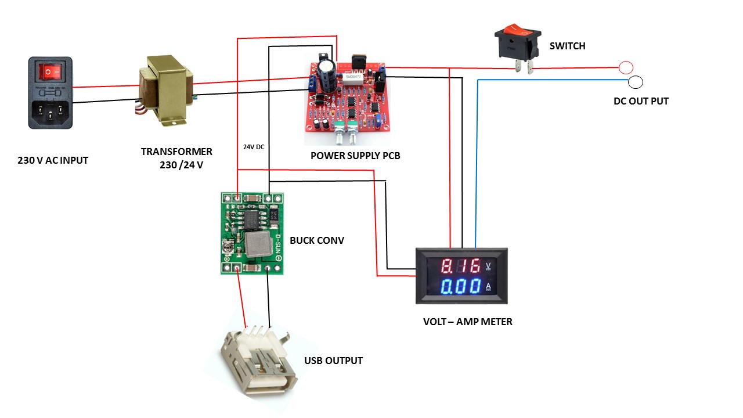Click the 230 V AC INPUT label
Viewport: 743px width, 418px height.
[x=53, y=160]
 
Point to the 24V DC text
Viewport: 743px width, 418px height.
[x=254, y=147]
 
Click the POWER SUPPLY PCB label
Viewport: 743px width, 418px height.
[x=355, y=156]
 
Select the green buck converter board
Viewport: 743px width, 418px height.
[x=251, y=233]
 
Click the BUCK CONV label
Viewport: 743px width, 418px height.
[x=317, y=240]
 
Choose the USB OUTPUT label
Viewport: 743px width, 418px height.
[x=333, y=361]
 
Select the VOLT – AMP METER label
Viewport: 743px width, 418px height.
[x=467, y=321]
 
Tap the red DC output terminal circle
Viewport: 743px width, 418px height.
[x=626, y=67]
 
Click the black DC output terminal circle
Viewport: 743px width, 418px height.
[x=636, y=82]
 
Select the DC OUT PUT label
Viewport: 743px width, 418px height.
[x=641, y=101]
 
